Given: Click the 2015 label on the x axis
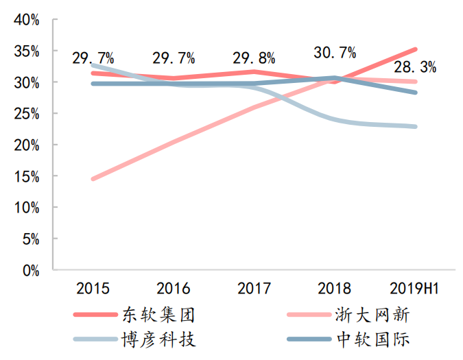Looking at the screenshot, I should point(93,288).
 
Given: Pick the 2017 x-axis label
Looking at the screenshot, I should point(254,288).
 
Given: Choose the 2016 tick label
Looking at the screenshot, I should point(174,288).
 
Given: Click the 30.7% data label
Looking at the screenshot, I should point(335,53).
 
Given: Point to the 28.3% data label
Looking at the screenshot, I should point(415,67).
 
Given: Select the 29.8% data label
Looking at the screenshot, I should point(254,58).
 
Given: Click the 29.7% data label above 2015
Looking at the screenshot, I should point(93,58).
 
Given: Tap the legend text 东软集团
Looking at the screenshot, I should point(158,315).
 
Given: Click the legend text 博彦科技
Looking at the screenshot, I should point(158,339).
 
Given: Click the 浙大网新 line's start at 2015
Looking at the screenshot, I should point(93,179).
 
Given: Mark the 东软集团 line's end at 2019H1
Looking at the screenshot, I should point(416,49).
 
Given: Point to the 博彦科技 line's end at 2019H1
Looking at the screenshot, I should point(416,127).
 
